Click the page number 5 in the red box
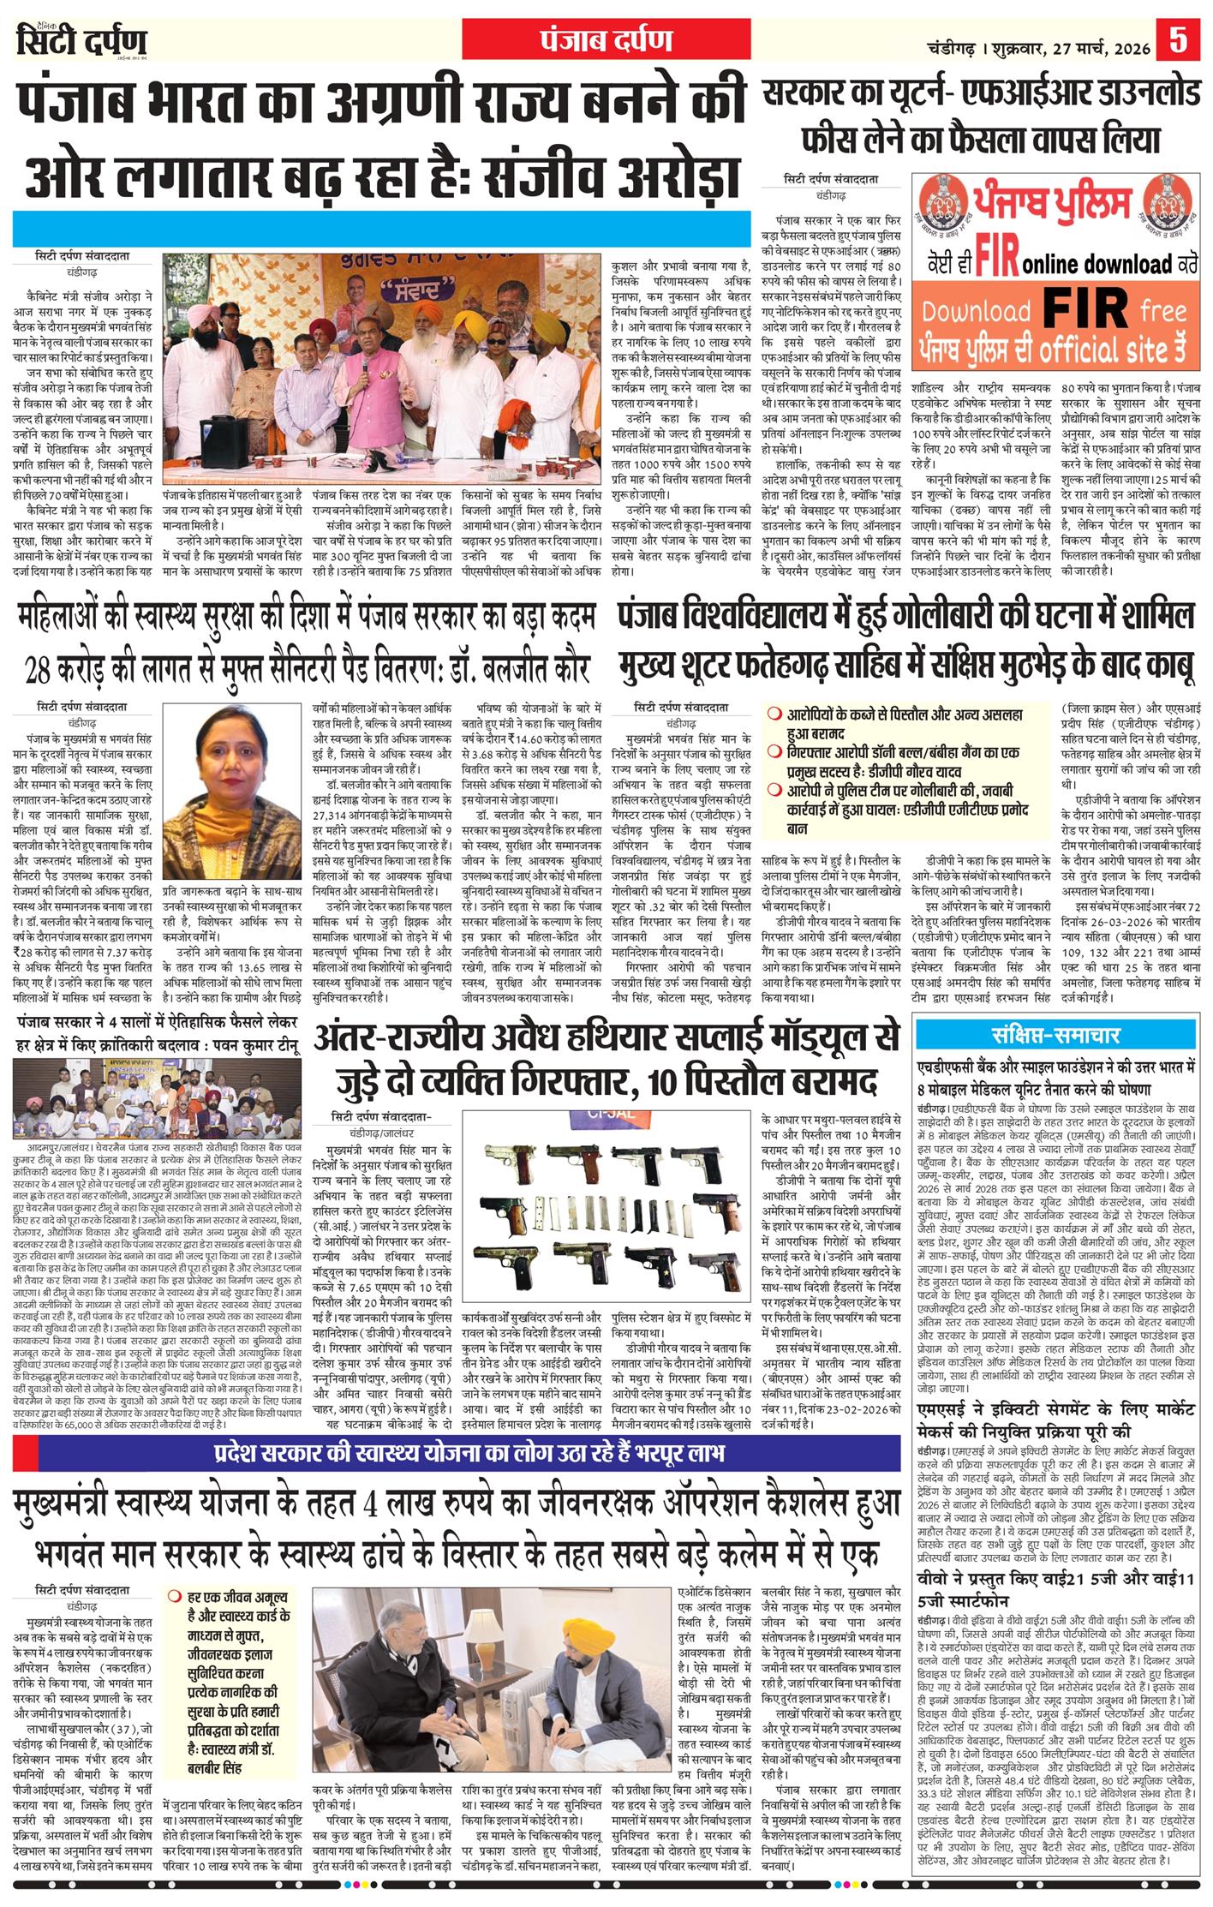(x=1178, y=39)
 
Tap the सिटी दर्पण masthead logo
(x=81, y=41)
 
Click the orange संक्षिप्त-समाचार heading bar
(x=1057, y=1034)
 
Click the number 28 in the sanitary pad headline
(x=39, y=667)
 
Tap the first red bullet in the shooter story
(x=773, y=713)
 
